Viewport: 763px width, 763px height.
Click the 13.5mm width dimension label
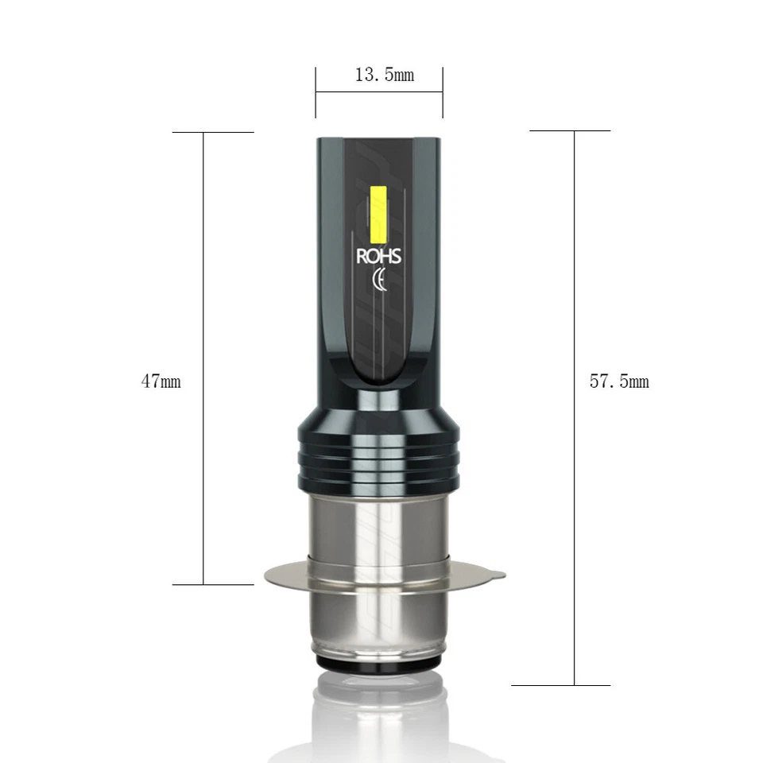pyautogui.click(x=384, y=76)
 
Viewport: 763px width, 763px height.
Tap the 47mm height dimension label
pyautogui.click(x=161, y=381)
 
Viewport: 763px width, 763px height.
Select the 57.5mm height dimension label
pyautogui.click(x=619, y=381)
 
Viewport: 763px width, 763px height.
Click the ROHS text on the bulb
pyautogui.click(x=379, y=257)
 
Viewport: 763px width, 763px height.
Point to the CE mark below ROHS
pyautogui.click(x=380, y=281)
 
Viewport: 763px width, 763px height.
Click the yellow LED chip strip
pyautogui.click(x=378, y=215)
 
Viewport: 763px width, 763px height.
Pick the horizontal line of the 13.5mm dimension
pyautogui.click(x=378, y=92)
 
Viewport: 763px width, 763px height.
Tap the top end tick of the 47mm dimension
pyautogui.click(x=213, y=132)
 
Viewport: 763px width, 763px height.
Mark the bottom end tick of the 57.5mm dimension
pyautogui.click(x=561, y=685)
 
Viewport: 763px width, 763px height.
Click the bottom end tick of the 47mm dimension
pyautogui.click(x=213, y=584)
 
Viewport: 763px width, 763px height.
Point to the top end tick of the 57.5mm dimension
pyautogui.click(x=570, y=130)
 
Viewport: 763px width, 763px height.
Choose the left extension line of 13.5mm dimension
pyautogui.click(x=316, y=92)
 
